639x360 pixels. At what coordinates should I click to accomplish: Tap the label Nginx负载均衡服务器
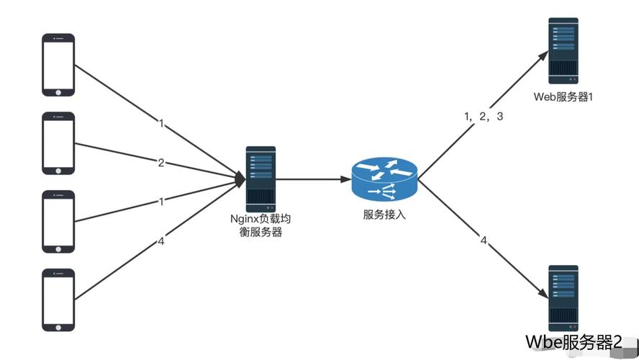[260, 225]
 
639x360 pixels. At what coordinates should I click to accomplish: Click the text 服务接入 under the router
[384, 215]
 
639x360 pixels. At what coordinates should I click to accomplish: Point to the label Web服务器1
[563, 96]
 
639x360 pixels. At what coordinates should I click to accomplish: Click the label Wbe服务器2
[574, 341]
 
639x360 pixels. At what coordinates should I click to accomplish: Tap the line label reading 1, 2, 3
[484, 116]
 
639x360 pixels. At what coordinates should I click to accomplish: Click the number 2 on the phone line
[161, 163]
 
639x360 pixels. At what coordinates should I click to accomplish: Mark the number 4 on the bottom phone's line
[161, 241]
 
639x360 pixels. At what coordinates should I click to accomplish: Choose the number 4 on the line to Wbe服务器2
[484, 240]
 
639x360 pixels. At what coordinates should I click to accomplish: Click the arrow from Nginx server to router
[309, 179]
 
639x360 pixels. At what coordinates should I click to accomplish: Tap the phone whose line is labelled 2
[58, 143]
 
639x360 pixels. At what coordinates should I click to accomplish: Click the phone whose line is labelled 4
[58, 300]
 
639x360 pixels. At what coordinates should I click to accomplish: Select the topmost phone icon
[58, 64]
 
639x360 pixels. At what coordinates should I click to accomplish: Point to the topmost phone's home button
[58, 91]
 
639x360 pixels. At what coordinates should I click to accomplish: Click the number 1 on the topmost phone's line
[161, 124]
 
